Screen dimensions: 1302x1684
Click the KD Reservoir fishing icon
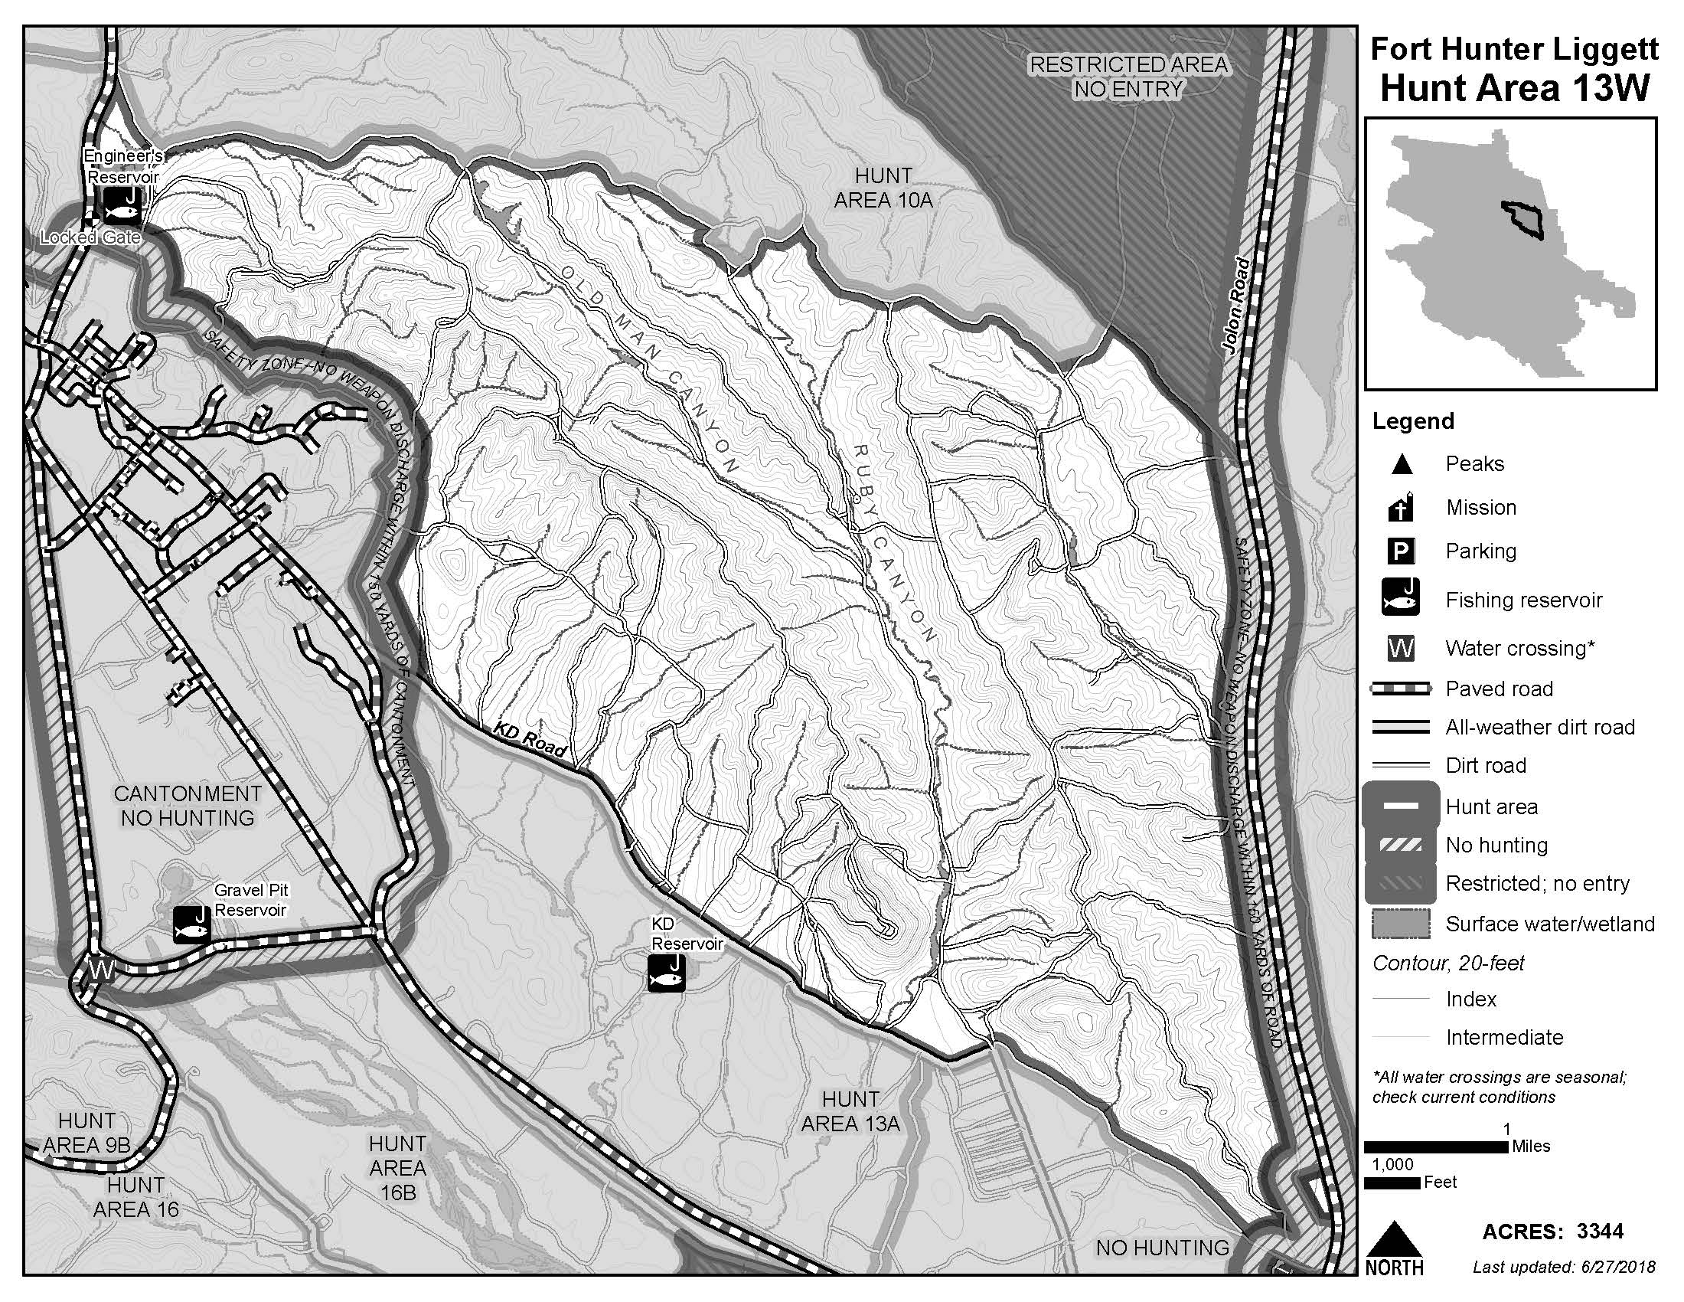coord(666,973)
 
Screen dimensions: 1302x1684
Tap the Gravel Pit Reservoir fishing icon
coord(191,924)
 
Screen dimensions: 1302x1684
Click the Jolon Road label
coord(1239,306)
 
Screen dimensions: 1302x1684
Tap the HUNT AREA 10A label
coord(883,188)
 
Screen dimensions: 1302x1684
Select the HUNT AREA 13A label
coord(850,1111)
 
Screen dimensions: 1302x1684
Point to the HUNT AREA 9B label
coord(86,1132)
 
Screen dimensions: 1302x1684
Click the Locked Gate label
coord(90,237)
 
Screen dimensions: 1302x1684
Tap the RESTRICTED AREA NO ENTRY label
coord(1128,77)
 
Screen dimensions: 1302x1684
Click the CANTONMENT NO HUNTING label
coord(188,805)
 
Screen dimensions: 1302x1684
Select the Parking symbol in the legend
coord(1401,551)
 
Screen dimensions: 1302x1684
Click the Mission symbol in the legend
coord(1401,508)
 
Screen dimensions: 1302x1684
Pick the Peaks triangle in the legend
coord(1401,464)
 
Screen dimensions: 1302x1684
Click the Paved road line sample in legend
coord(1400,689)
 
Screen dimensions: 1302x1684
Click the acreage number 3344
coord(1600,1232)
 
